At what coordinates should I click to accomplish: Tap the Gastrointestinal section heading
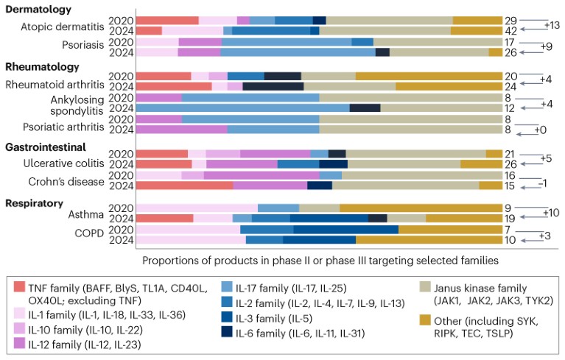[x=48, y=147]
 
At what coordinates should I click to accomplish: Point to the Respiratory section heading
[x=37, y=202]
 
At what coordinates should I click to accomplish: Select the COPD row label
[x=88, y=235]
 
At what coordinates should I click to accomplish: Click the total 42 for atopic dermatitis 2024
[x=510, y=30]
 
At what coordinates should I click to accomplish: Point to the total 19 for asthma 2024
[x=510, y=218]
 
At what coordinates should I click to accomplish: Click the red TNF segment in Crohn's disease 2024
[x=185, y=186]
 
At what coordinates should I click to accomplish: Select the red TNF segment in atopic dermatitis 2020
[x=168, y=20]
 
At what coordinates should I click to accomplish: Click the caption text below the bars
[x=317, y=260]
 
